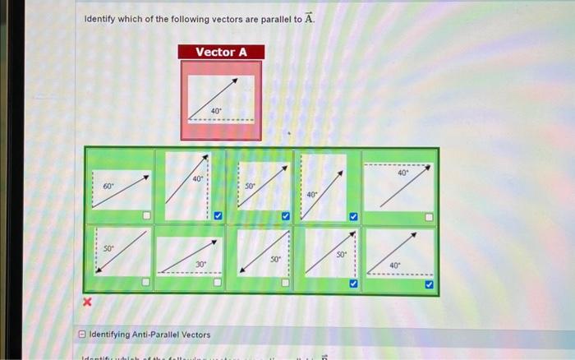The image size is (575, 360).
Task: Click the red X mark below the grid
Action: click(x=88, y=304)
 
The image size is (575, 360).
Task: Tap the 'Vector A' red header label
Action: click(x=221, y=52)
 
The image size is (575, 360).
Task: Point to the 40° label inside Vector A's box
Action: click(x=215, y=110)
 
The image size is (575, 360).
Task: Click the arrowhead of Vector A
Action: click(x=234, y=81)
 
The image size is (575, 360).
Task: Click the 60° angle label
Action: click(x=108, y=187)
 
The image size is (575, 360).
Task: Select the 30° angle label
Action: click(x=200, y=264)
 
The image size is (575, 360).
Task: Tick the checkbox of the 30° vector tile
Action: click(x=218, y=283)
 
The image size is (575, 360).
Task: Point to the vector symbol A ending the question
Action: click(x=308, y=18)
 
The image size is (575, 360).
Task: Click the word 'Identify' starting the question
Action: click(x=102, y=19)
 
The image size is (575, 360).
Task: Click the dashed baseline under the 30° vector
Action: click(x=189, y=271)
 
